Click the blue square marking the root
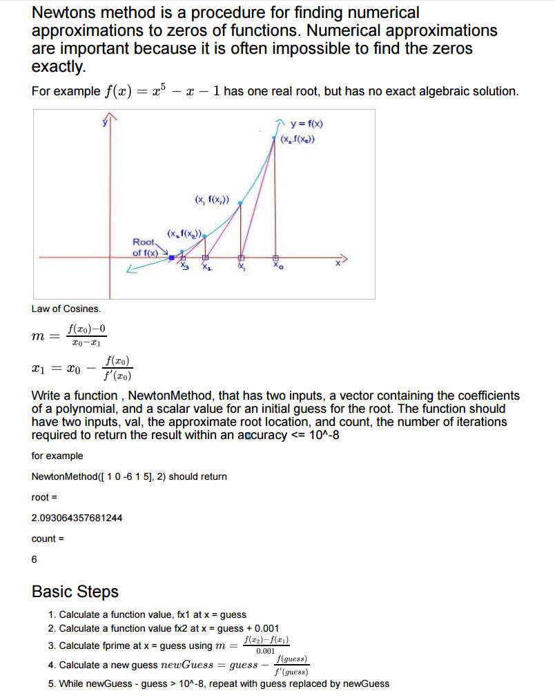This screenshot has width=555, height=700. pos(171,256)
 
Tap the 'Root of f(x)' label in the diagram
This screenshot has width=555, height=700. pos(145,247)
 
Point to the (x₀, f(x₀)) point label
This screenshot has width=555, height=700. pos(298,140)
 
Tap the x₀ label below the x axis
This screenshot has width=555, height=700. pos(277,266)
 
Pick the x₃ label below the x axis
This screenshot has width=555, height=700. pos(184,266)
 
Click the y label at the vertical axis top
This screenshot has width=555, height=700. pos(106,123)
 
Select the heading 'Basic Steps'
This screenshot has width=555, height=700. pos(75,592)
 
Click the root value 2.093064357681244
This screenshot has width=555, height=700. pos(77,518)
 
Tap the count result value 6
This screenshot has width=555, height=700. pos(35,559)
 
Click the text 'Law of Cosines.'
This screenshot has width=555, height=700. pos(66,309)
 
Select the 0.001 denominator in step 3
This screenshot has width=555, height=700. pos(265,651)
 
